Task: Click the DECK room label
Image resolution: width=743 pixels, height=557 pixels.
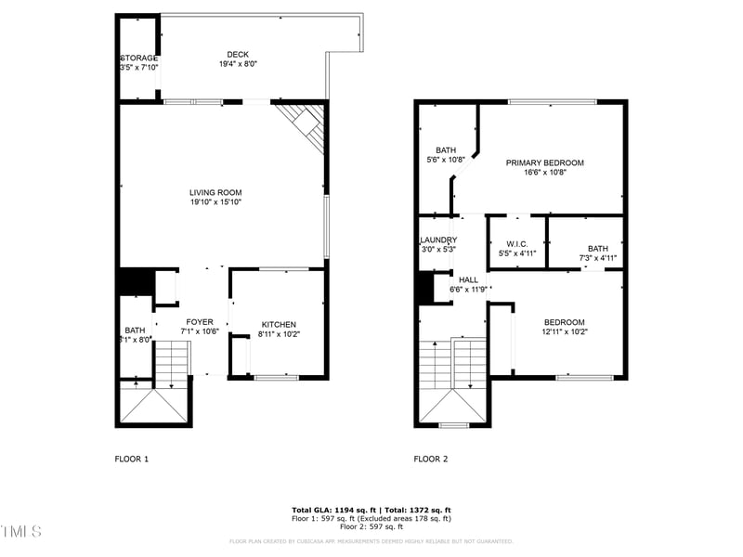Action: pyautogui.click(x=239, y=54)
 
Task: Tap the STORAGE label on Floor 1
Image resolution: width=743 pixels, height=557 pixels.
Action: pyautogui.click(x=138, y=58)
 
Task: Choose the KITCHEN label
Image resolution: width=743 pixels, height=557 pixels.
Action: pyautogui.click(x=279, y=324)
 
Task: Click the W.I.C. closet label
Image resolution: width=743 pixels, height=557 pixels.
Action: pyautogui.click(x=517, y=243)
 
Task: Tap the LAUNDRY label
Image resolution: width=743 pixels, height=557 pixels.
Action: pyautogui.click(x=437, y=240)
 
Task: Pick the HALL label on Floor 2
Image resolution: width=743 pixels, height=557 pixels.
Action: pyautogui.click(x=468, y=278)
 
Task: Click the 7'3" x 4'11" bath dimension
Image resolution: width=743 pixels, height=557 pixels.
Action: pyautogui.click(x=597, y=258)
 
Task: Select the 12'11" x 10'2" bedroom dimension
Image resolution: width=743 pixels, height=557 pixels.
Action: pyautogui.click(x=565, y=331)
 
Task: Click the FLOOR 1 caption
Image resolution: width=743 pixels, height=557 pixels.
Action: pyautogui.click(x=131, y=459)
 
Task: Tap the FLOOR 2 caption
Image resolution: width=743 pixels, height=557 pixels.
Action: pyautogui.click(x=430, y=459)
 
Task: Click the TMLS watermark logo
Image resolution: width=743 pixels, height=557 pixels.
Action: pyautogui.click(x=21, y=531)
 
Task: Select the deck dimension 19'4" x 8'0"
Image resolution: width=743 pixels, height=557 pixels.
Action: pyautogui.click(x=239, y=64)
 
